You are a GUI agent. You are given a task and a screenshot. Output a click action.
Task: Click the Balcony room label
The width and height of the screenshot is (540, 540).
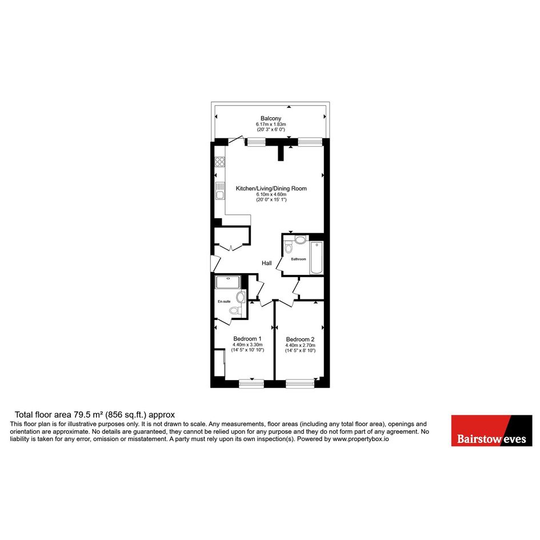tap(271, 118)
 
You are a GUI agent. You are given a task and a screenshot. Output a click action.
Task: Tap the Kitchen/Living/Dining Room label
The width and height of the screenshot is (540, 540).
tap(271, 189)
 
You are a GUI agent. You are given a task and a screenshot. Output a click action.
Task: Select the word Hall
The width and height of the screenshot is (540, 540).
tap(266, 263)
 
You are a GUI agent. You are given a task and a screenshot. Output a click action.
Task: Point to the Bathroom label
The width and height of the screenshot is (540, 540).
tap(298, 259)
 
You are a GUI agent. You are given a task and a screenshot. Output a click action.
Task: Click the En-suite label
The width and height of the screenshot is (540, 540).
tap(224, 301)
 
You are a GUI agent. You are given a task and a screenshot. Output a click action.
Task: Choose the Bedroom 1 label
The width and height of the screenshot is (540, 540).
tap(247, 338)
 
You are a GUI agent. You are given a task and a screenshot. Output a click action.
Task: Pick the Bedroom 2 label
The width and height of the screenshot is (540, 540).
tap(300, 339)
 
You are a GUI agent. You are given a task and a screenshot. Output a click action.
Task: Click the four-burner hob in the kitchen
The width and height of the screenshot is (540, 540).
tap(220, 162)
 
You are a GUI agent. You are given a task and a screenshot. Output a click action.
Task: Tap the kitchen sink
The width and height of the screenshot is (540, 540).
tap(220, 191)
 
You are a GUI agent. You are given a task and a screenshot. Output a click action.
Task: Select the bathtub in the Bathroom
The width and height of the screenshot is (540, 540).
tap(317, 258)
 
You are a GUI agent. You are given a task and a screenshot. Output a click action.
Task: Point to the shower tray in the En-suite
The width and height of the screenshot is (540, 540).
tap(227, 282)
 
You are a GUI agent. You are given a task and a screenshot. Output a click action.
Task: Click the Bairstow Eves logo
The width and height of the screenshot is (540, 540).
tap(491, 430)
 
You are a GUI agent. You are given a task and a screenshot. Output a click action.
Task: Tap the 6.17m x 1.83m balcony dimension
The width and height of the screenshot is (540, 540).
tap(271, 124)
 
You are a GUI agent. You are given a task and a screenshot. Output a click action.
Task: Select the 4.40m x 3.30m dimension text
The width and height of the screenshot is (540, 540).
tap(247, 345)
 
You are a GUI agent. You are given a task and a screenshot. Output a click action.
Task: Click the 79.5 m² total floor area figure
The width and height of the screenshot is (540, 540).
tap(87, 415)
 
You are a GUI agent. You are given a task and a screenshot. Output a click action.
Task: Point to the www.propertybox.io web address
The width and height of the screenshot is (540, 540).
tap(361, 439)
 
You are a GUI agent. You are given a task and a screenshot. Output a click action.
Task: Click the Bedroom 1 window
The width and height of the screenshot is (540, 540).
tap(251, 383)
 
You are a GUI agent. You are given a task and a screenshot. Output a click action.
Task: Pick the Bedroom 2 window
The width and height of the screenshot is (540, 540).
tap(299, 383)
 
